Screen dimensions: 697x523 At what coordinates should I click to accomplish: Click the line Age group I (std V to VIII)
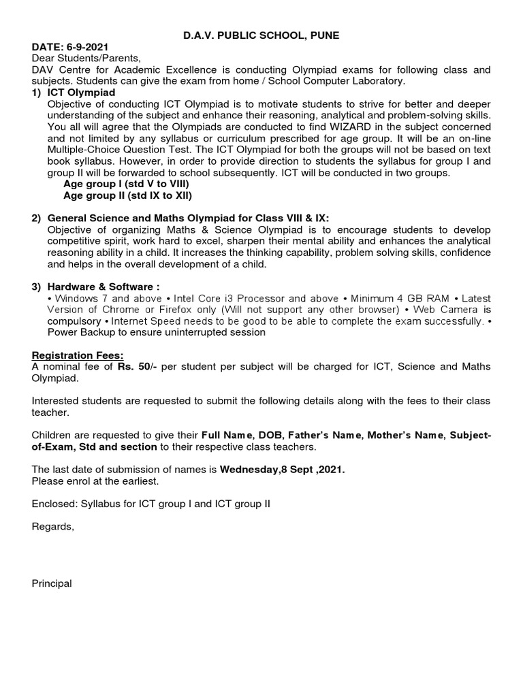(126, 184)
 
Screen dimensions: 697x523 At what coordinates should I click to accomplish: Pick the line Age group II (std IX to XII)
(128, 196)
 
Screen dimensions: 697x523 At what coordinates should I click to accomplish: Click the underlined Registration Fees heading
(78, 355)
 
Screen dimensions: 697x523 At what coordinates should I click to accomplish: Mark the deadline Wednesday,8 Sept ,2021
(282, 470)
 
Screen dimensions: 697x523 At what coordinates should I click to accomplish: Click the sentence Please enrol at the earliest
(95, 481)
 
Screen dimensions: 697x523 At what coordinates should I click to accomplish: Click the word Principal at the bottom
(52, 584)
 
